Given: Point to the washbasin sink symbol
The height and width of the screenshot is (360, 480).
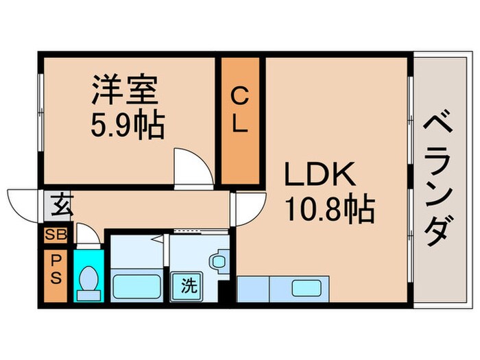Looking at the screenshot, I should click(218, 261).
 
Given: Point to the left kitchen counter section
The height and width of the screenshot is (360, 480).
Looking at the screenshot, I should click(254, 289).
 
